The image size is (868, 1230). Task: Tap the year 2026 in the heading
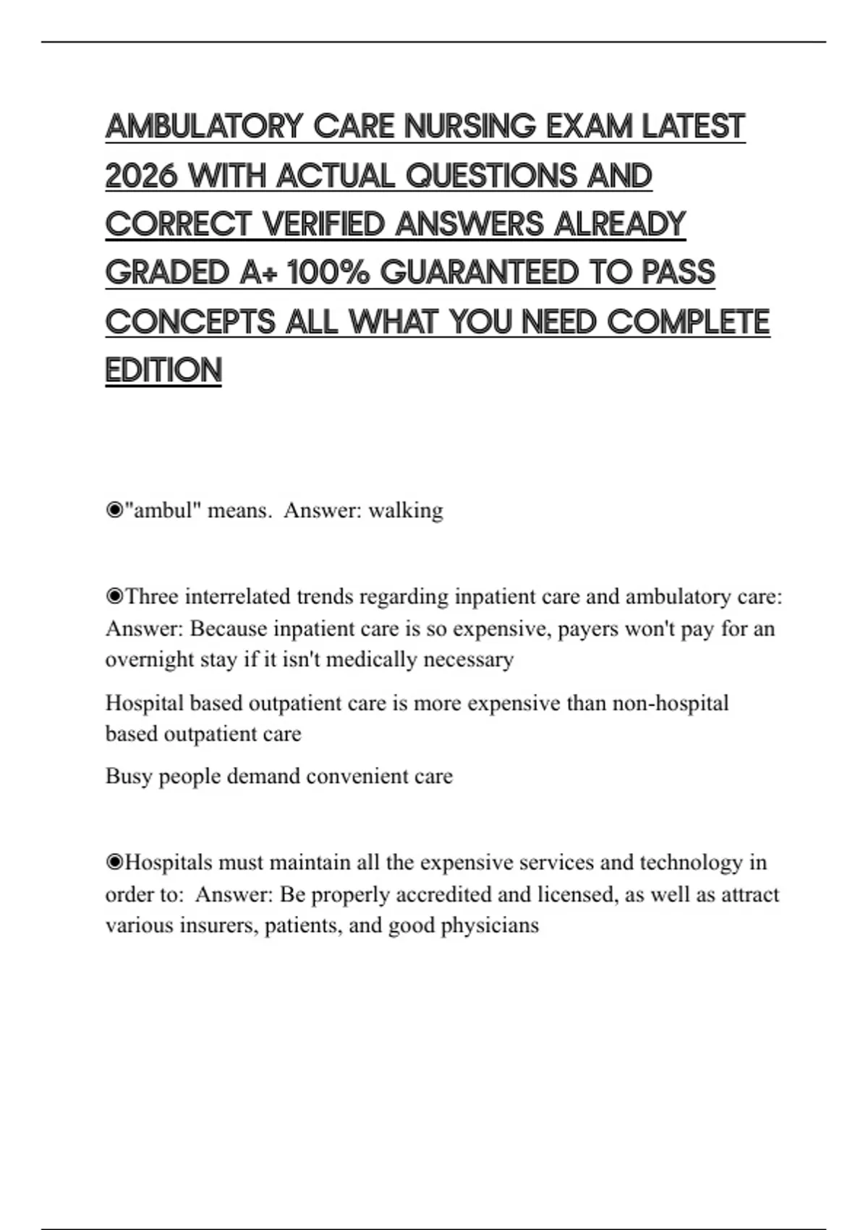click(141, 176)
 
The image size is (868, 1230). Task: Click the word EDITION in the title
click(163, 370)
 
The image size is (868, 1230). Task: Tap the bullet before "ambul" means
click(114, 511)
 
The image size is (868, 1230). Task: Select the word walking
click(406, 511)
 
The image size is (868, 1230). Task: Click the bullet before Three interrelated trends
click(114, 597)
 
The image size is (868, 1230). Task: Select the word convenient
click(357, 776)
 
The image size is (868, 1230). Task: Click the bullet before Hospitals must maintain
click(114, 862)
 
